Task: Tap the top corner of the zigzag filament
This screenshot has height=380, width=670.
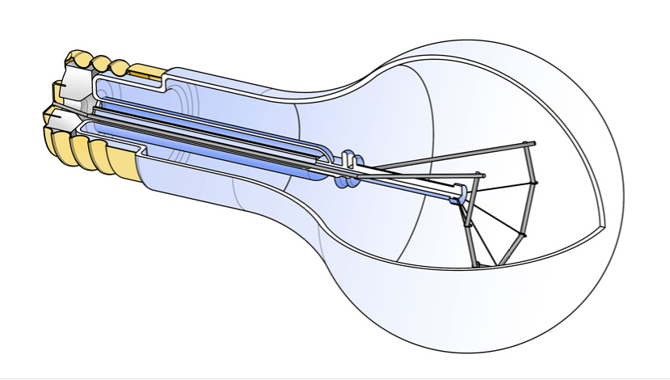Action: pos(529,146)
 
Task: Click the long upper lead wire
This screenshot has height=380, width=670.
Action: pos(445,158)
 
